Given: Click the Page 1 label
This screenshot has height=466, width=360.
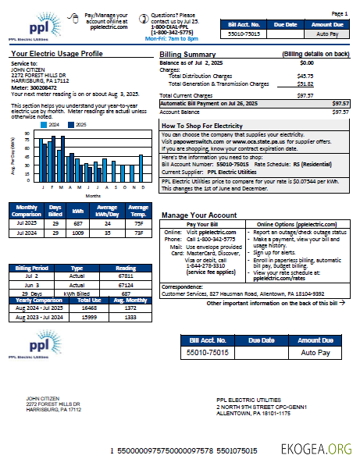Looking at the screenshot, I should [340, 14].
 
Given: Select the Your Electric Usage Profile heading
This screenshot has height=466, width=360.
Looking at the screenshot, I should [57, 54].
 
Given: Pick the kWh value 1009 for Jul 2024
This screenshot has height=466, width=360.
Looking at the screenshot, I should [78, 232].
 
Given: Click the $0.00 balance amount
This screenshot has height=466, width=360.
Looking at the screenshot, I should [306, 62].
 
